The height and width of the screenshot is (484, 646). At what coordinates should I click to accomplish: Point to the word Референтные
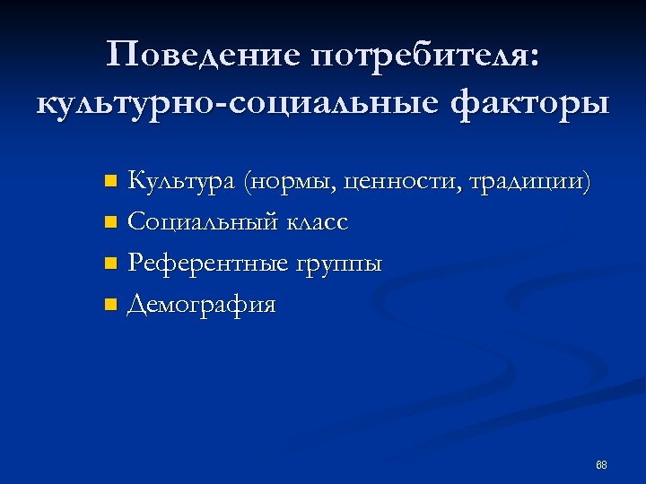click(207, 263)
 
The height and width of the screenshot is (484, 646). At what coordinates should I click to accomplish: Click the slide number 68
click(601, 465)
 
